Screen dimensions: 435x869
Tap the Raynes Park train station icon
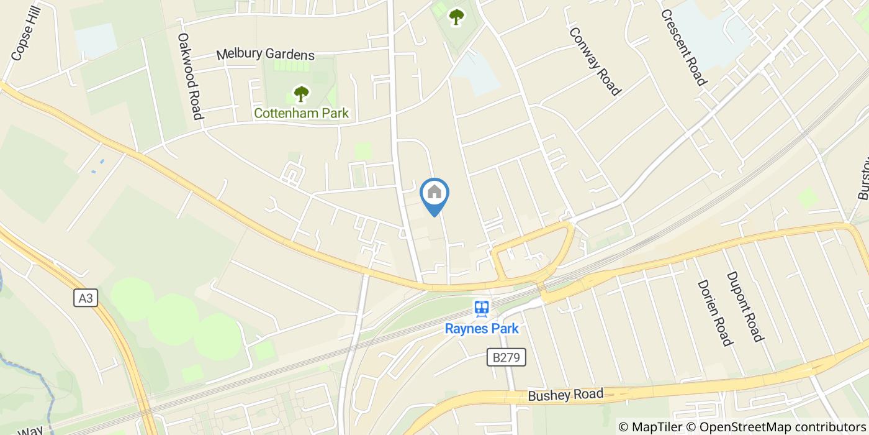coord(482,308)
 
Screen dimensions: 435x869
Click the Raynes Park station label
coord(482,329)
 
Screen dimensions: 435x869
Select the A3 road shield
coord(86,298)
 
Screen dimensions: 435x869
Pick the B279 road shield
coord(506,357)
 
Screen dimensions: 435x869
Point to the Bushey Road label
coord(565,395)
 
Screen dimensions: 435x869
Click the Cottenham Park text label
coord(301,113)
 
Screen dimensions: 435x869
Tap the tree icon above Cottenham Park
coord(301,94)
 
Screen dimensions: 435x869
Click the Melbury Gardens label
coord(265,55)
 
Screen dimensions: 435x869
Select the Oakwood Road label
coord(190,76)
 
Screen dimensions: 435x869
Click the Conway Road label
coord(595,62)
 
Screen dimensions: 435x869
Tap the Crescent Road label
coord(683,47)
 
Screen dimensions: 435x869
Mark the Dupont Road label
coord(744,306)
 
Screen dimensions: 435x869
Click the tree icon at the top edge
coord(456,17)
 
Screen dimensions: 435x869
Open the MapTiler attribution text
coord(649,427)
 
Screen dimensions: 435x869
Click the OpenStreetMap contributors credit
coord(776,427)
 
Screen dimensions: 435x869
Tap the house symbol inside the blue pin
coord(434,191)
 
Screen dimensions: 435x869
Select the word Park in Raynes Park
coord(502,329)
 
